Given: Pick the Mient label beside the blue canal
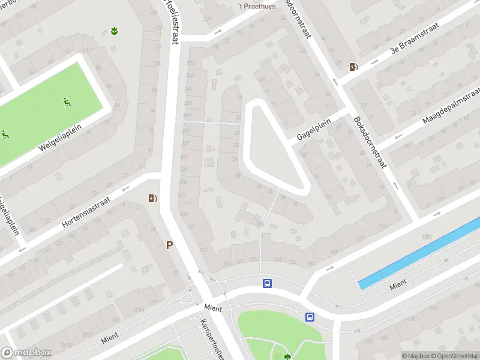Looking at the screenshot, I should pos(398,284).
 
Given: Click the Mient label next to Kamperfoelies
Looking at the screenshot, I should pos(212,307).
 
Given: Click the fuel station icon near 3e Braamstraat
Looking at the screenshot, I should pos(354,67).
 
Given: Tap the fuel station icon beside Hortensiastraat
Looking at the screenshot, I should pos(152,199).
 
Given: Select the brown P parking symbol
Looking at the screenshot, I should pos(170,245).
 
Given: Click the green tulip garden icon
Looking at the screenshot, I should pos(114,30).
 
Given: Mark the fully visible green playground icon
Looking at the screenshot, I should pos(67,102).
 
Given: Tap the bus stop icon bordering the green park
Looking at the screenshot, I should pos(310,317).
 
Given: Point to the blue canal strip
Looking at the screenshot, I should pos(420,254).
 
